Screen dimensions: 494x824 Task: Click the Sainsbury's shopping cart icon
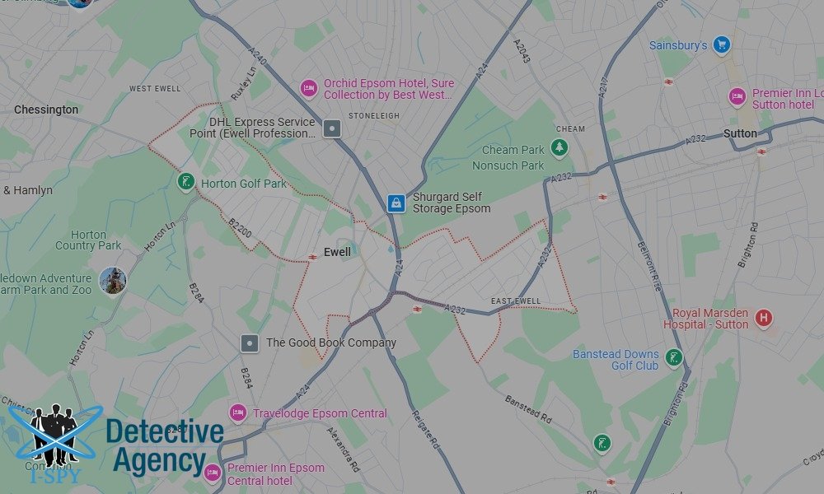point(722,44)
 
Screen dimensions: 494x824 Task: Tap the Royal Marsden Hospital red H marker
point(764,318)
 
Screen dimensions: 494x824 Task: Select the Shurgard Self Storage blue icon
point(396,203)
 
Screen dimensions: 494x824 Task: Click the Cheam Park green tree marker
point(560,148)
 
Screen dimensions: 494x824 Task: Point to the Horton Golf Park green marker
point(186,182)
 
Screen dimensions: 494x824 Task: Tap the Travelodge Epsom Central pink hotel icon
point(238,412)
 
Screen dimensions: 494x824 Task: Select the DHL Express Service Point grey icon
point(332,128)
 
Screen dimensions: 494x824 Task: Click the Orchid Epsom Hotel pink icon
point(308,88)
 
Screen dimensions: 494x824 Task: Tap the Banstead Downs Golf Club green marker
point(674,358)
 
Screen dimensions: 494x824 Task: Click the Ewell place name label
point(338,252)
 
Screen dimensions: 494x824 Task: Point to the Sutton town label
point(739,133)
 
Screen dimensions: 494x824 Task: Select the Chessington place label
point(46,110)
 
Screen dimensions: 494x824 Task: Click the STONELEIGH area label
point(373,116)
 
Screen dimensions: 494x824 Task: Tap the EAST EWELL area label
point(516,301)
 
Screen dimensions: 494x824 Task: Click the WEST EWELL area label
point(154,88)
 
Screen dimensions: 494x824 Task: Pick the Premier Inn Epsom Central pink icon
point(212,473)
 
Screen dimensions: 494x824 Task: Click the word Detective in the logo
point(165,431)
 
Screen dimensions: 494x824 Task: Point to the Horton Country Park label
point(88,240)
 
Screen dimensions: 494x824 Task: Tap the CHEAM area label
point(570,128)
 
